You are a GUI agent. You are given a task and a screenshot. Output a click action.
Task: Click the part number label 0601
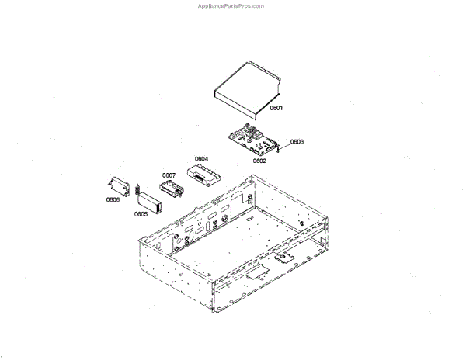point(276,109)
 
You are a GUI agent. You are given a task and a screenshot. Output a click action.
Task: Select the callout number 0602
point(259,161)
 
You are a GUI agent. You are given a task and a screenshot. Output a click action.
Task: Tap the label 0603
point(297,142)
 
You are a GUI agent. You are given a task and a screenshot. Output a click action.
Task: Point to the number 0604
point(201,159)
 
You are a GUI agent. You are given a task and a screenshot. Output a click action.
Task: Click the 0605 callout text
point(141,213)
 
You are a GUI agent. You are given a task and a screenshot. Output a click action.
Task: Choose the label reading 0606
point(113,199)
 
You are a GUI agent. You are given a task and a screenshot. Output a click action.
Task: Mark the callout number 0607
point(169,175)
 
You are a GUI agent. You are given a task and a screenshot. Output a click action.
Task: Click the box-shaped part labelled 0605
point(148,198)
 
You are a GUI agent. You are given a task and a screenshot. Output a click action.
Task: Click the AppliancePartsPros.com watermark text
point(233,5)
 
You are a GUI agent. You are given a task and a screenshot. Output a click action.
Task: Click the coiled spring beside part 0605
point(137,189)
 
